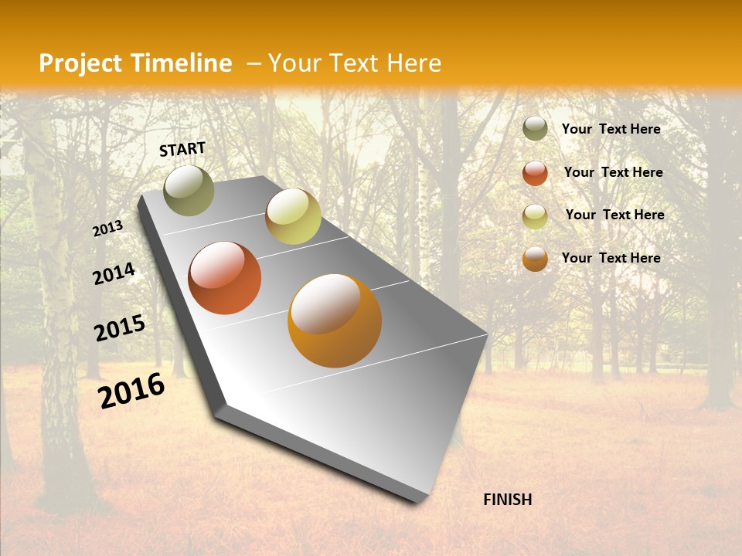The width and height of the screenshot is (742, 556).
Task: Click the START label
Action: point(182,149)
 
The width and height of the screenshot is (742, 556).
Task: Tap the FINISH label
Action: point(507,500)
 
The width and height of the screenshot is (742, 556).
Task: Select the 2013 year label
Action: point(108,229)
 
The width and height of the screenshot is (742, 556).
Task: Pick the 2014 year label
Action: point(114,274)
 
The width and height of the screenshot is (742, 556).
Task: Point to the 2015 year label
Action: point(120,328)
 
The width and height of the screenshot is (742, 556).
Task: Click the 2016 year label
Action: point(131,391)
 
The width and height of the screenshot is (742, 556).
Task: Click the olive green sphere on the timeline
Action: point(189,190)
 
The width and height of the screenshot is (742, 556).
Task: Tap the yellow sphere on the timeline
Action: point(293,216)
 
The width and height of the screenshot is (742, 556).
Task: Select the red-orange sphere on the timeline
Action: point(225,278)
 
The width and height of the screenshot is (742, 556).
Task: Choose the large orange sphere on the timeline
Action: point(335,320)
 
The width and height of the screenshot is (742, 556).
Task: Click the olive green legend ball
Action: point(535,129)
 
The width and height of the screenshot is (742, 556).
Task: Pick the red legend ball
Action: point(535,173)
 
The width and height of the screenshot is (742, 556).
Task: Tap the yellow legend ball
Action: point(535,216)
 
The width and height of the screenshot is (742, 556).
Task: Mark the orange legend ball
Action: point(535,259)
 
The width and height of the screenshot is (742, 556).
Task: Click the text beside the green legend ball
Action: point(611,129)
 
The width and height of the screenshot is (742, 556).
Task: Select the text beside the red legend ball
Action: point(613,172)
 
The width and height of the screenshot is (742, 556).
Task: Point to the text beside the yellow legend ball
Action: point(614,215)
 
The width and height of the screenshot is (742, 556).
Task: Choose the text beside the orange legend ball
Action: point(611,258)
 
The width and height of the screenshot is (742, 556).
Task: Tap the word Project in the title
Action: point(80,63)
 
